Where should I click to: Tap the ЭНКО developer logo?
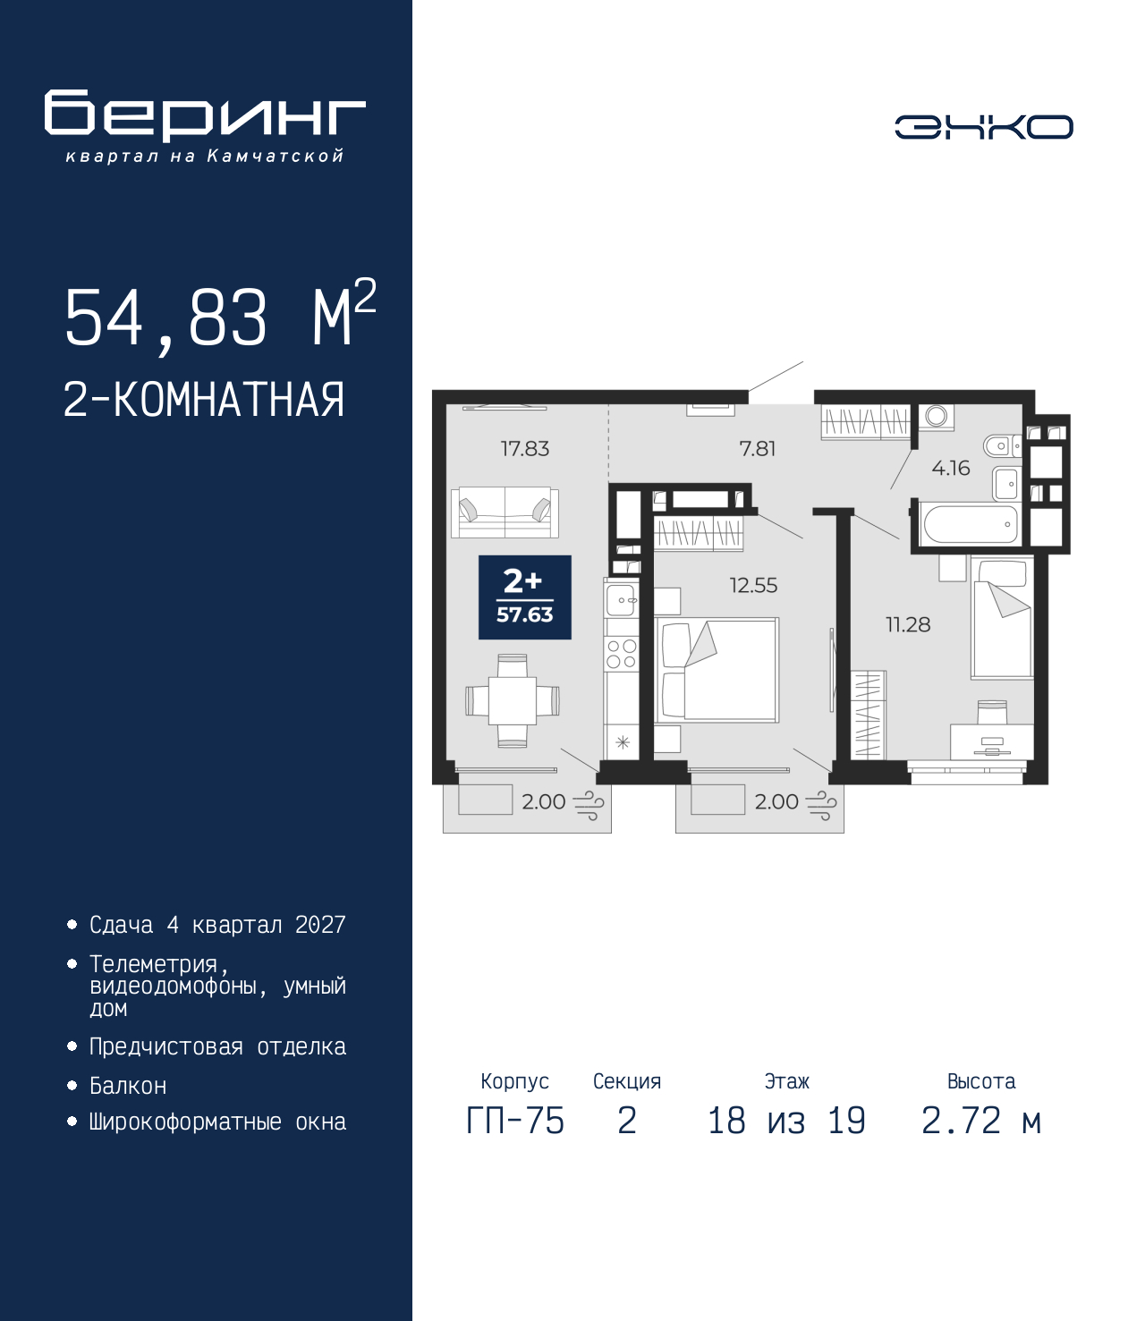[983, 126]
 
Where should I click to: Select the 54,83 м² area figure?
[221, 317]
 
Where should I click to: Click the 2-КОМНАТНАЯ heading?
[204, 400]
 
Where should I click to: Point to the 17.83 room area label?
[525, 449]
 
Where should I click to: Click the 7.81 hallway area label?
[758, 449]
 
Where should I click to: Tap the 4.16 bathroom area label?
[951, 468]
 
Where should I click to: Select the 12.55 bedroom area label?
[754, 585]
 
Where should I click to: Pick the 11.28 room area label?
[908, 624]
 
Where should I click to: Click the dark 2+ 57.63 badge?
[525, 597]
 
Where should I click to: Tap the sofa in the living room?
[505, 512]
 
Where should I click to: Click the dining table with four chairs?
[513, 700]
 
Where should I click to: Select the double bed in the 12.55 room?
[717, 670]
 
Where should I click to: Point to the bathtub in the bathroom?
[969, 525]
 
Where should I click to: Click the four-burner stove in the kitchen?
[622, 653]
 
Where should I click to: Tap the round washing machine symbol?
[937, 416]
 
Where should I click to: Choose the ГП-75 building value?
[515, 1121]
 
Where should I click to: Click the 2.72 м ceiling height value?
[981, 1121]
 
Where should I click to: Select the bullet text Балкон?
[128, 1086]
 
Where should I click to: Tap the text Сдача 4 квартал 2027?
[217, 925]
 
